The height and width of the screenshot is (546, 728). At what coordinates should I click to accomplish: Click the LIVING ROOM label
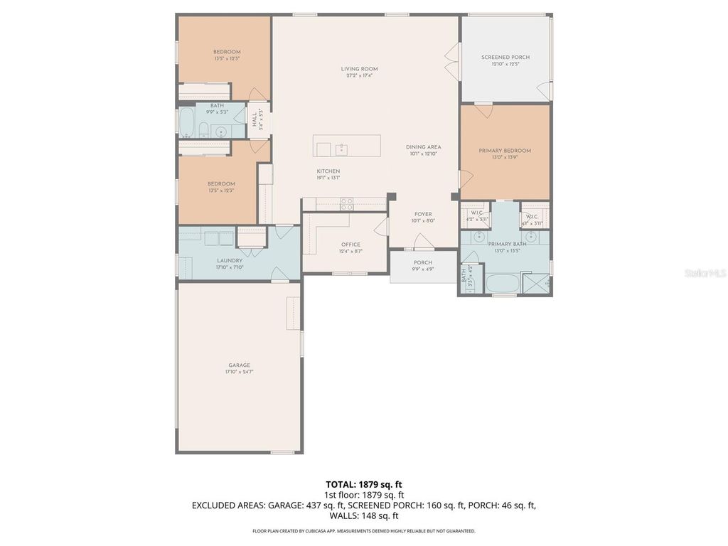(359, 69)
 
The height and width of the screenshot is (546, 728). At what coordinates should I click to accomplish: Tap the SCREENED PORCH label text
(505, 58)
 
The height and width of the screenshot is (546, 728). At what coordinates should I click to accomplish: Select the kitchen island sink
(341, 149)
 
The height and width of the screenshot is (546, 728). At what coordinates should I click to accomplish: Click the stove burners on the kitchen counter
(347, 203)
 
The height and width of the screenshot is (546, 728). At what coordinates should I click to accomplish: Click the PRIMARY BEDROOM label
(505, 151)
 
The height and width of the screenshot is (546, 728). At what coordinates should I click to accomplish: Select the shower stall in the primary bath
(537, 284)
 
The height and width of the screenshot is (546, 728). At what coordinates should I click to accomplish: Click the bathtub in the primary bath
(504, 284)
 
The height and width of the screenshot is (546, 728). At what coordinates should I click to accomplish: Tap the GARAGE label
(239, 365)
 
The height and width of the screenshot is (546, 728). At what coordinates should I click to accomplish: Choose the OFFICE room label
(350, 245)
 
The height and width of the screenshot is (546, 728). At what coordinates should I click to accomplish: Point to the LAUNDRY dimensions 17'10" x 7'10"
(230, 267)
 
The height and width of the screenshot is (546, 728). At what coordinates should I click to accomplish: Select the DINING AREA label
(424, 147)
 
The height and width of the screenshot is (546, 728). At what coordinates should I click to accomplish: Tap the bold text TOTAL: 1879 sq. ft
(365, 483)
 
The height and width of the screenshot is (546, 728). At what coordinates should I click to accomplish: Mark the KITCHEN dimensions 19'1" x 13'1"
(328, 178)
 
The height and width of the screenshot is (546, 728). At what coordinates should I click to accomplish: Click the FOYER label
(422, 214)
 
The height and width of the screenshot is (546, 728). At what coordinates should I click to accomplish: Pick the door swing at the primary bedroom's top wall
(483, 110)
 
